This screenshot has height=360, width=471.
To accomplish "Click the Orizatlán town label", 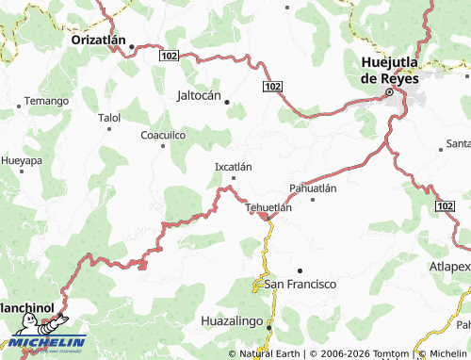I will pos(102,41).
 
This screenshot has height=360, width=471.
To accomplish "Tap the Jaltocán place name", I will pos(199,95).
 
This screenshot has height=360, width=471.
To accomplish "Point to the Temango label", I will pos(46,101).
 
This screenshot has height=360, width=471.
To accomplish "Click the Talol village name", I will pos(109,118).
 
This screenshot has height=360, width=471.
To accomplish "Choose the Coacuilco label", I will pos(163,136).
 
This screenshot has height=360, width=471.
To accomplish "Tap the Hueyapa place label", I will pos(22,161).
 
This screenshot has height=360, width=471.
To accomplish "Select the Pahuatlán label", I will pos(313,188).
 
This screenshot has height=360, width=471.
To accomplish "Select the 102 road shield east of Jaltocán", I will pos(272,87).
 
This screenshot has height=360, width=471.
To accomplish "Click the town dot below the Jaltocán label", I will pos(226,104).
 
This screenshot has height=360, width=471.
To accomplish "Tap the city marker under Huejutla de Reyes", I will pos(388,93).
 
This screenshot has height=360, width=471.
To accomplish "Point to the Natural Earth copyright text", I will pos(270,353).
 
